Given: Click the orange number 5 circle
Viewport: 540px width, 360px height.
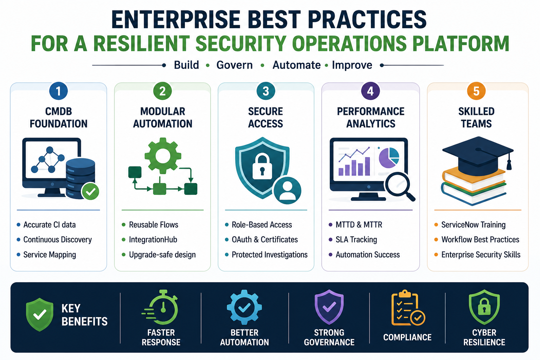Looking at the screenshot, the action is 476,91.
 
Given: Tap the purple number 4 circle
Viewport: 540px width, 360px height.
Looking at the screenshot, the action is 370,91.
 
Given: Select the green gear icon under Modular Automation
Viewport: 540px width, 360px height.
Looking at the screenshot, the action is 163,156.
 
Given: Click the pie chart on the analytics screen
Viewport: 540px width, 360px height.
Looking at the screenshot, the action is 389,158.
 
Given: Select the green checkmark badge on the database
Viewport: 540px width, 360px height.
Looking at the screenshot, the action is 90,191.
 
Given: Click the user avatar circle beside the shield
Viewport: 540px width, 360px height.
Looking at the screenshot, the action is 287,191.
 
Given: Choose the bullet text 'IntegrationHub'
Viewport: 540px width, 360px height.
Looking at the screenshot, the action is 153,239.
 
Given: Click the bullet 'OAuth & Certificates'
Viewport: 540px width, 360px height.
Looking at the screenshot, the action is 265,239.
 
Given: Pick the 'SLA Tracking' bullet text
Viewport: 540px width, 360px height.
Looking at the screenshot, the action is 356,239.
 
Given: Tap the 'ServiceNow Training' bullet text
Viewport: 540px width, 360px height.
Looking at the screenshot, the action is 474,225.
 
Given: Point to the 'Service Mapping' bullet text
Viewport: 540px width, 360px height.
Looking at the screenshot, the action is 50,255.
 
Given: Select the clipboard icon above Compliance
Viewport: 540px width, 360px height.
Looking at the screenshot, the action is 408,308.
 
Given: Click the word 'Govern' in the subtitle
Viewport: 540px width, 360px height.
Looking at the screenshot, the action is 234,65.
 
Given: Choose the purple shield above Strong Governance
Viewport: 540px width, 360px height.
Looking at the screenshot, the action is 329,307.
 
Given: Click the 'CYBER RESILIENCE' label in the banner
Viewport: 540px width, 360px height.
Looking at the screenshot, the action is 484,337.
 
